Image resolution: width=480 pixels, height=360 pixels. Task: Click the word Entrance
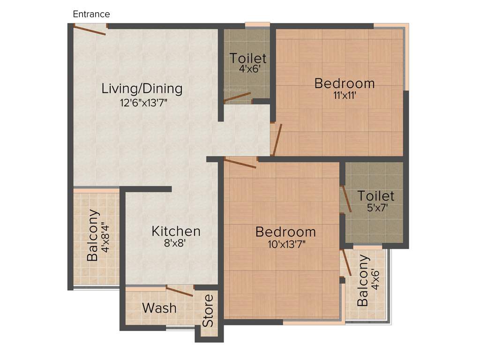point(91,14)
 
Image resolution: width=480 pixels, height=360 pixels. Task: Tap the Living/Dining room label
point(142,88)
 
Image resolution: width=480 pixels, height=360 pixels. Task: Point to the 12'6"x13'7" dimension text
point(143,103)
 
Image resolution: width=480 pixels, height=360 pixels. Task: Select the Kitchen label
point(176,231)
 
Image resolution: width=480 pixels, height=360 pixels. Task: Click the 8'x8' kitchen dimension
point(176,244)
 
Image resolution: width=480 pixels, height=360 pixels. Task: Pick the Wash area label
point(159,308)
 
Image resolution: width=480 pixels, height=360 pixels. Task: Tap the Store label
point(208,310)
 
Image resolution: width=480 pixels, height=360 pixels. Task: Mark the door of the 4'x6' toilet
point(238,97)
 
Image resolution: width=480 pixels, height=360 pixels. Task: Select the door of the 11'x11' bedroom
point(277,140)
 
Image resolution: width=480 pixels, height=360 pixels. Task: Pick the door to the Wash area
point(180,291)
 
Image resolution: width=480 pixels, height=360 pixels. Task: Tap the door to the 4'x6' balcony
point(347,262)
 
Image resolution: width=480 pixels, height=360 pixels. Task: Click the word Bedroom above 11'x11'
point(345,83)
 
